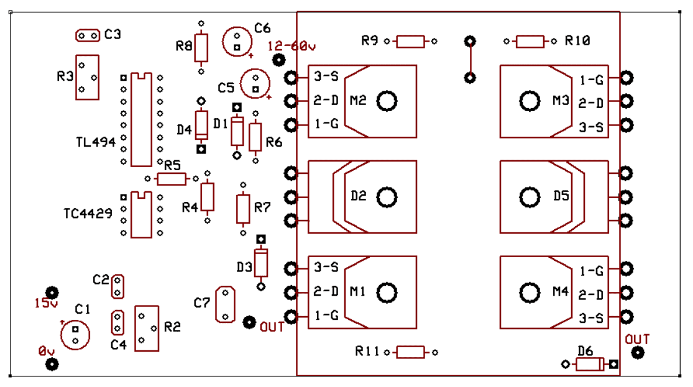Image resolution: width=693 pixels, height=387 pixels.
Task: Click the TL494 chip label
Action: tap(96, 142)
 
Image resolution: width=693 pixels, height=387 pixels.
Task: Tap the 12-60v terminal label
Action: tap(291, 47)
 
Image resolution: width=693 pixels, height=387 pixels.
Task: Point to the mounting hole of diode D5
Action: tap(530, 197)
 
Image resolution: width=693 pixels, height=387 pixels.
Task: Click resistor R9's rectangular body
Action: tap(410, 42)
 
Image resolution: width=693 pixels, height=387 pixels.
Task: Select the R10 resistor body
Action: tap(530, 42)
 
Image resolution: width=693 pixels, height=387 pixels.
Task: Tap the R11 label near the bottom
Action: tap(367, 351)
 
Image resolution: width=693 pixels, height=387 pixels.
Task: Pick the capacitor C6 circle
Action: tap(237, 41)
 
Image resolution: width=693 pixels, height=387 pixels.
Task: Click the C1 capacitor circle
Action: tap(75, 335)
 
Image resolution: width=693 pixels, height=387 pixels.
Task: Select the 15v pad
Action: tap(53, 293)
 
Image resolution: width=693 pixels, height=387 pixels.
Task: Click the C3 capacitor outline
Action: tap(88, 36)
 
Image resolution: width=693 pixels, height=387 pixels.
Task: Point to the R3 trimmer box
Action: tap(88, 77)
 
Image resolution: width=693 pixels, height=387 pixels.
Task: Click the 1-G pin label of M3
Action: tap(591, 80)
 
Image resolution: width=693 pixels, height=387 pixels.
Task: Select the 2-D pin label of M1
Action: tap(326, 291)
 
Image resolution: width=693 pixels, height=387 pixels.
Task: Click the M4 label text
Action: tap(561, 291)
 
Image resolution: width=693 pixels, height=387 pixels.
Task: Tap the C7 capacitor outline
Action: tap(225, 304)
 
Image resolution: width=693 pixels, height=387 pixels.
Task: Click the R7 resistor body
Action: tap(244, 209)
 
